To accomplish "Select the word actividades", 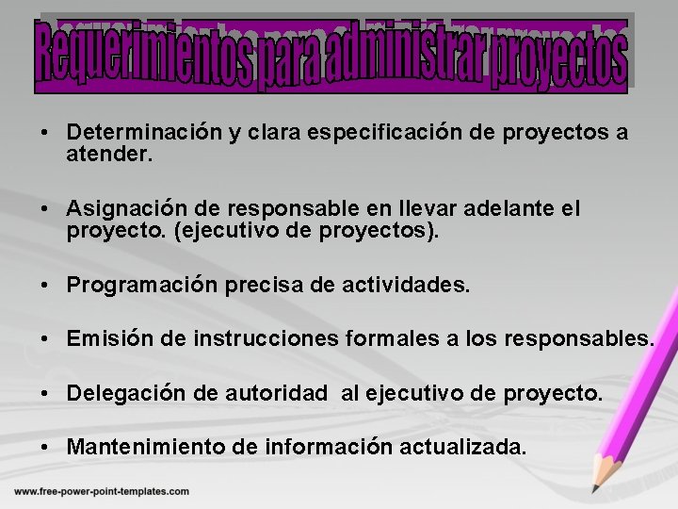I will (x=410, y=284).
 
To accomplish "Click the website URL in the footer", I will (x=102, y=491).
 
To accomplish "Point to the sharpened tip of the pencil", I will (x=593, y=489).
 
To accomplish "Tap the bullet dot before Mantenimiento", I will (x=46, y=447).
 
